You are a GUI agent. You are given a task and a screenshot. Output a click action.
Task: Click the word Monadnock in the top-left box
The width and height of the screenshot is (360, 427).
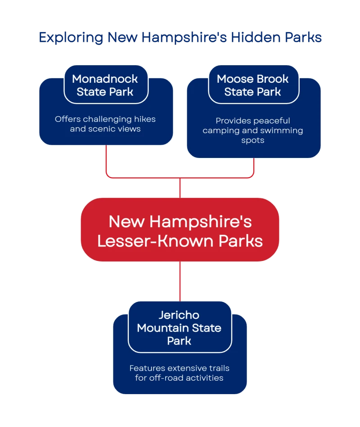(x=105, y=79)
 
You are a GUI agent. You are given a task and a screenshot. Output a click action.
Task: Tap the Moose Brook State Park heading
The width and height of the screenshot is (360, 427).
(x=253, y=85)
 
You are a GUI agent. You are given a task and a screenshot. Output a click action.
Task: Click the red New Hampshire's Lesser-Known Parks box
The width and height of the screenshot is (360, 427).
(x=180, y=230)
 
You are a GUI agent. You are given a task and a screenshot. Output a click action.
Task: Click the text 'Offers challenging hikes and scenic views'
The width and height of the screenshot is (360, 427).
(x=105, y=124)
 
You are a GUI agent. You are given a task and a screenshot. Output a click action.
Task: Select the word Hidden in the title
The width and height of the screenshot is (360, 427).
(x=254, y=37)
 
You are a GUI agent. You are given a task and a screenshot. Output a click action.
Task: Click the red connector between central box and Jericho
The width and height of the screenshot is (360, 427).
(x=180, y=281)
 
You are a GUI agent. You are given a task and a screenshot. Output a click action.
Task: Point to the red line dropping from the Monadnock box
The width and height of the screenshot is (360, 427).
(x=106, y=160)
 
